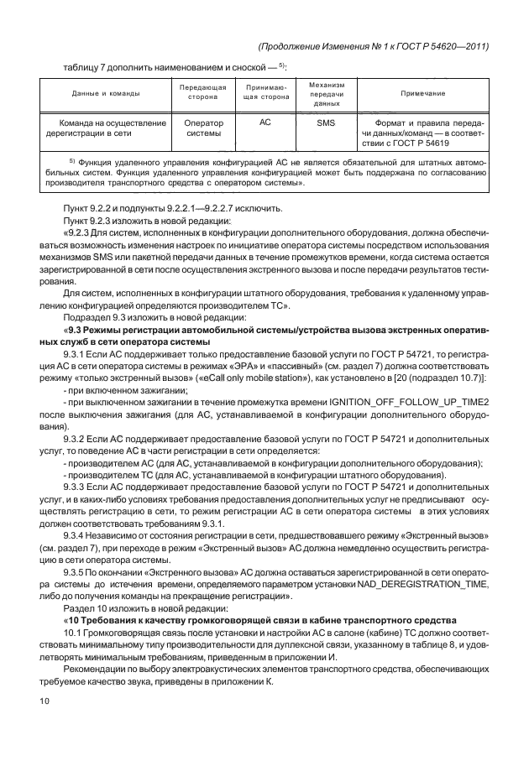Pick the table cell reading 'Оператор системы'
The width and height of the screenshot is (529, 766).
pyautogui.click(x=203, y=128)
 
